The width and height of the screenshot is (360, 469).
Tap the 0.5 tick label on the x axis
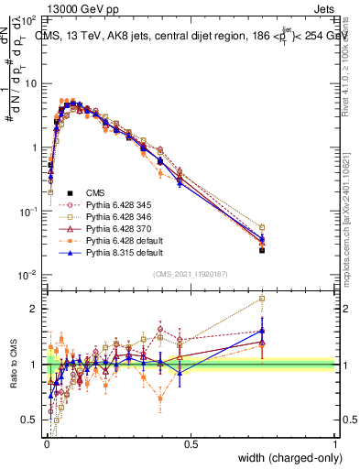click(x=191, y=444)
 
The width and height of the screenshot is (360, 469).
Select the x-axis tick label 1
click(x=336, y=444)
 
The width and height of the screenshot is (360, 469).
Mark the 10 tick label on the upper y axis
click(x=28, y=83)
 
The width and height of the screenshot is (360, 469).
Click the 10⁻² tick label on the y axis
click(x=27, y=276)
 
